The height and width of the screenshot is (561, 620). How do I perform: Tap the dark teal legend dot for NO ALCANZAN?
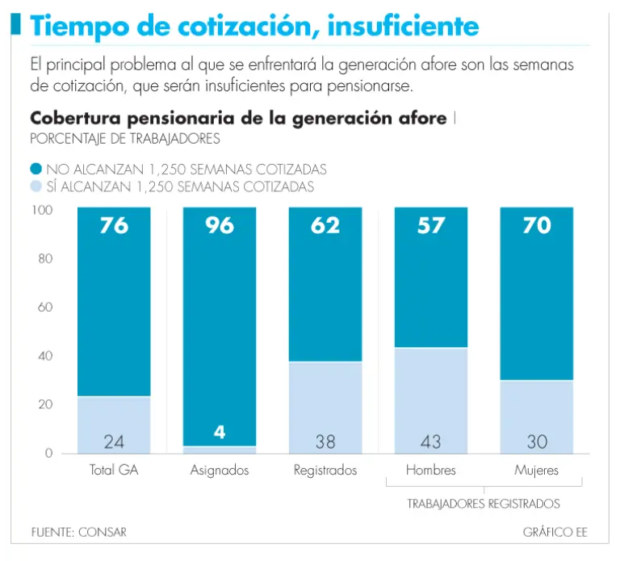pyautogui.click(x=36, y=170)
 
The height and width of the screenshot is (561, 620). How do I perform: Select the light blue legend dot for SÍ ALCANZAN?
pyautogui.click(x=36, y=187)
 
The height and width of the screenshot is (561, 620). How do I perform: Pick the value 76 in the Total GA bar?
pyautogui.click(x=114, y=225)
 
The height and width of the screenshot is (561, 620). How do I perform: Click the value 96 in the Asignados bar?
pyautogui.click(x=220, y=225)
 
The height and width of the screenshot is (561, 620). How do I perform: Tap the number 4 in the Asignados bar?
pyautogui.click(x=220, y=432)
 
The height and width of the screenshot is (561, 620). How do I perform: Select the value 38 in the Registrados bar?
pyautogui.click(x=325, y=442)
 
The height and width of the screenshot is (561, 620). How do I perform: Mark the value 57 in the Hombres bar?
pyautogui.click(x=431, y=225)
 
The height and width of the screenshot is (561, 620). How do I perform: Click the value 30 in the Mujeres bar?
pyautogui.click(x=537, y=442)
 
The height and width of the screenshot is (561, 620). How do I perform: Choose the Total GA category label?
pyautogui.click(x=114, y=470)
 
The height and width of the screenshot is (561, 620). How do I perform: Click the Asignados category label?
pyautogui.click(x=220, y=470)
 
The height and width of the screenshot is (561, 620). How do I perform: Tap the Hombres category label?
pyautogui.click(x=431, y=470)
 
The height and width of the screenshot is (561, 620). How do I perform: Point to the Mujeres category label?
pyautogui.click(x=537, y=470)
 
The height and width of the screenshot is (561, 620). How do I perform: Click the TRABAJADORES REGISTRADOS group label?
pyautogui.click(x=483, y=504)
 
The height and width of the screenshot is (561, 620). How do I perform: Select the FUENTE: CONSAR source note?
pyautogui.click(x=79, y=533)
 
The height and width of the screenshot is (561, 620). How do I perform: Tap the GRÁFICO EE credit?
pyautogui.click(x=555, y=533)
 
